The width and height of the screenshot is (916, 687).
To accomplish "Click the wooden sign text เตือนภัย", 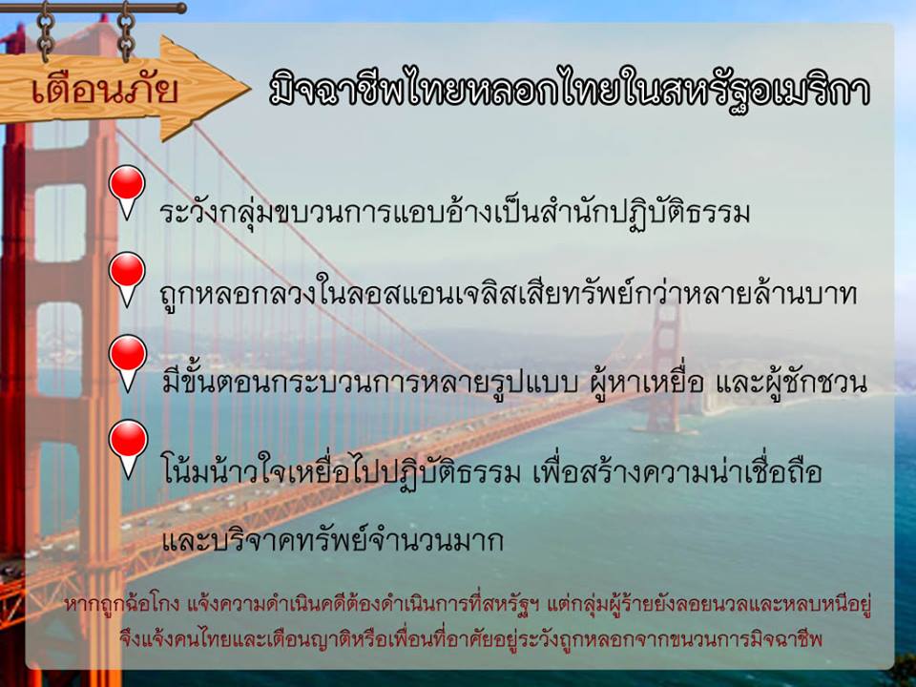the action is coord(105,90).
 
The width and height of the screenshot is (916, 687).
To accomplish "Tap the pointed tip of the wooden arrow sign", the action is coord(250,89).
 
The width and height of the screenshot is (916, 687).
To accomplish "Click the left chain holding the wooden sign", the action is coord(46,32).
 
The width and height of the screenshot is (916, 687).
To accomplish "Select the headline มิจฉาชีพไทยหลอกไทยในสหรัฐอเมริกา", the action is coord(570,92).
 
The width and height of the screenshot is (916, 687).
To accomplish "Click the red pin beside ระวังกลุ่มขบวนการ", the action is coord(127,192).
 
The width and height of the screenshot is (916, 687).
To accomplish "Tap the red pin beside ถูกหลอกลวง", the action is coord(127,279).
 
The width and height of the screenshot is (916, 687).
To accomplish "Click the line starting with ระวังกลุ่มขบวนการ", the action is coord(454,213).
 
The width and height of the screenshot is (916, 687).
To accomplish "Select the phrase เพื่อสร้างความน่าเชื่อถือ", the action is coord(677,470).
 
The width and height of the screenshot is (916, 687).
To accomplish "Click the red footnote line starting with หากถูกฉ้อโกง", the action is coord(468,605).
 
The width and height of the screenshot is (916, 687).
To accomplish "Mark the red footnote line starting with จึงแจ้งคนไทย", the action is coord(470,638).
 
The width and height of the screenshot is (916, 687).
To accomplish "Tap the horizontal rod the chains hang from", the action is coord(94,9).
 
